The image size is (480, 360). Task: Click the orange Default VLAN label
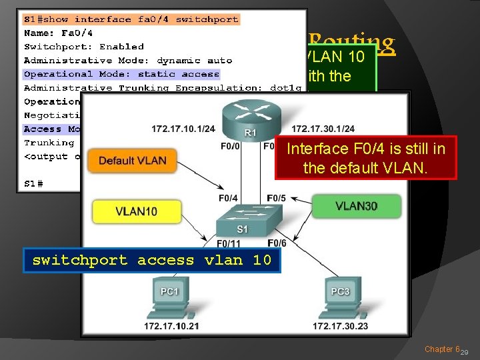(x=137, y=160)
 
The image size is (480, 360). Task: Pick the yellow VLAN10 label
(x=136, y=211)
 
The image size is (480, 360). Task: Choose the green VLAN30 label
(x=356, y=206)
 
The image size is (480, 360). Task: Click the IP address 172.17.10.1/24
(x=183, y=129)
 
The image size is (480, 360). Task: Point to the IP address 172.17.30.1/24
(x=323, y=129)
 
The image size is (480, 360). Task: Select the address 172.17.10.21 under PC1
(x=171, y=325)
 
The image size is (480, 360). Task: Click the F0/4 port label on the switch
(x=228, y=198)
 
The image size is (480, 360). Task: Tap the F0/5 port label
(x=276, y=198)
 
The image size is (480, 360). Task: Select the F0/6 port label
(x=277, y=243)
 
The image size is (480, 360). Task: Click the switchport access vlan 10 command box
(x=152, y=261)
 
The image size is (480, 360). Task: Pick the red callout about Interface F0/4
(x=366, y=158)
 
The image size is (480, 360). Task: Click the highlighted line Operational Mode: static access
(x=121, y=74)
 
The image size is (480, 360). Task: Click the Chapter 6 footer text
(x=441, y=349)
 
